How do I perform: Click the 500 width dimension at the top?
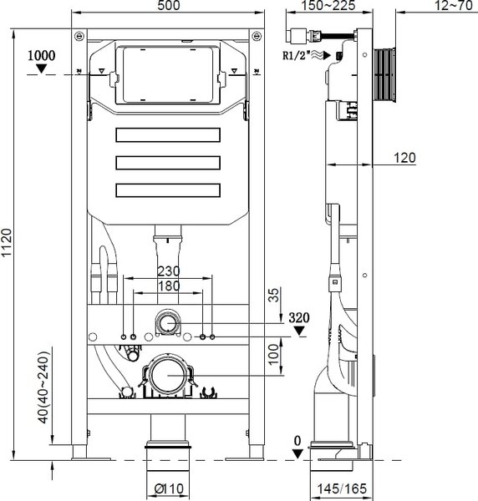(169, 6)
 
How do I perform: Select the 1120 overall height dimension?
(7, 242)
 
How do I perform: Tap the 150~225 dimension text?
(329, 6)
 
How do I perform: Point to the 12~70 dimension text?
(454, 6)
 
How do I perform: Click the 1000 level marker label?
(41, 56)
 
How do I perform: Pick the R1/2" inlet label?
(297, 56)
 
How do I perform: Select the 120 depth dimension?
(404, 158)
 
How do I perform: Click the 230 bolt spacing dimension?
(169, 271)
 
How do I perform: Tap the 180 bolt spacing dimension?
(169, 286)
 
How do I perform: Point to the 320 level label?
(299, 318)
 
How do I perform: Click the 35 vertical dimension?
(274, 295)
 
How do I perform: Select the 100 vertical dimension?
(274, 354)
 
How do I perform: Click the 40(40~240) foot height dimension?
(43, 387)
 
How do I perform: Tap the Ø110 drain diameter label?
(169, 488)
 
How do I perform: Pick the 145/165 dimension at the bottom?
(342, 488)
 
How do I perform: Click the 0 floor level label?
(297, 441)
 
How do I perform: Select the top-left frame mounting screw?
(79, 36)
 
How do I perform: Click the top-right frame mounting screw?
(257, 36)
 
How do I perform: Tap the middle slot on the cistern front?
(168, 163)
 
